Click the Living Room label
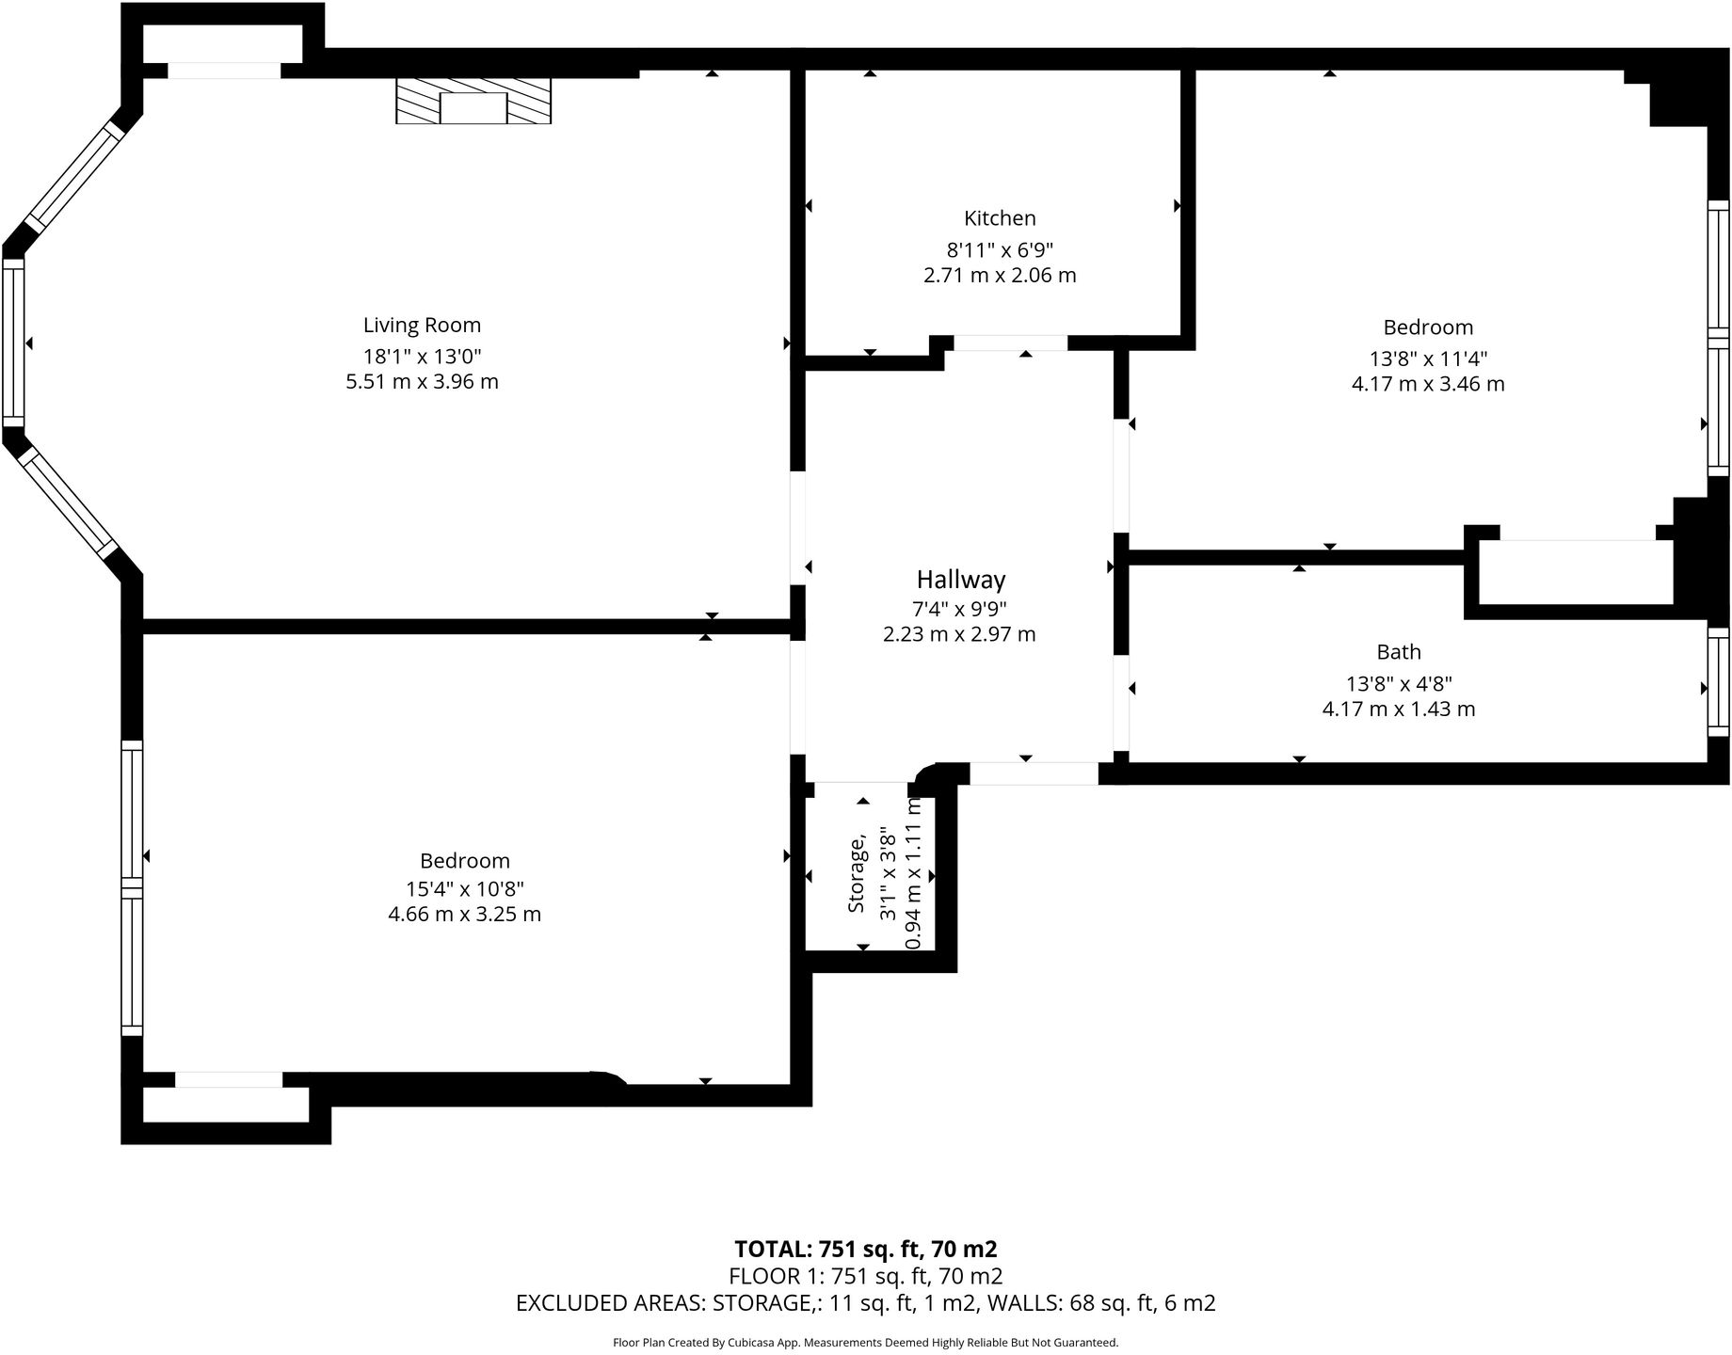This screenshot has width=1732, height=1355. click(422, 326)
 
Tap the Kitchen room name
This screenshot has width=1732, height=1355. click(1000, 218)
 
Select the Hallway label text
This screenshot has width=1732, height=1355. click(960, 580)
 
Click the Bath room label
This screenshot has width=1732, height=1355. click(1398, 652)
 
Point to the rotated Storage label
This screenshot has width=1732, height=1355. click(856, 874)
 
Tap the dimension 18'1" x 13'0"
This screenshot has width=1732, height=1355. click(422, 357)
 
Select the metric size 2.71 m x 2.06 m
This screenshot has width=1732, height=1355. click(1000, 276)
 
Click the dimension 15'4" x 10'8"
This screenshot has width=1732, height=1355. click(464, 889)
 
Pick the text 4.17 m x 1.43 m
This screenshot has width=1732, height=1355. click(1398, 709)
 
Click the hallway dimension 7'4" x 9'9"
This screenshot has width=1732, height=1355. click(958, 609)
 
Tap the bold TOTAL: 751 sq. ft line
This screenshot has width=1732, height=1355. click(865, 1250)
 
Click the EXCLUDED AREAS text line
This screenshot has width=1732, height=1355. click(865, 1303)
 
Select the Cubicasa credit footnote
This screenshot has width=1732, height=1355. click(865, 1343)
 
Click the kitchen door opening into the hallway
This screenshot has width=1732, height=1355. click(1010, 343)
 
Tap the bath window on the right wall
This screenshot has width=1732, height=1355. click(1718, 681)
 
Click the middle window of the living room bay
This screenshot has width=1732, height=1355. click(13, 343)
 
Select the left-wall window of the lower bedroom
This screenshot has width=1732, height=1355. click(132, 888)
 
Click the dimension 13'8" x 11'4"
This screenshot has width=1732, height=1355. click(1427, 359)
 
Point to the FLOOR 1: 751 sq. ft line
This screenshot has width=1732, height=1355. click(865, 1277)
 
